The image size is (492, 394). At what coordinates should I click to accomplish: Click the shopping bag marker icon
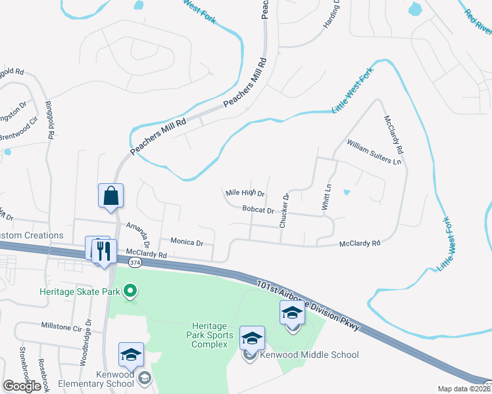pos(111,196)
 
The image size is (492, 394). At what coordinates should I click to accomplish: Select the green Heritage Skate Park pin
pos(130,290)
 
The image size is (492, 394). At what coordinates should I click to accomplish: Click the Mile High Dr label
pos(245,193)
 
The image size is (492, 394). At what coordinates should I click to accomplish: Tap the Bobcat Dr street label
pos(258,210)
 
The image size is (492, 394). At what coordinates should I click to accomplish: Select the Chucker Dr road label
pos(284,211)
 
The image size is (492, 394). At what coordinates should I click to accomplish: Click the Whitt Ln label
pos(326,197)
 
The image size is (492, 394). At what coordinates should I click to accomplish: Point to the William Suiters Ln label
pos(374,152)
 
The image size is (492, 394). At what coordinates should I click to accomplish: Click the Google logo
pos(22,386)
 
